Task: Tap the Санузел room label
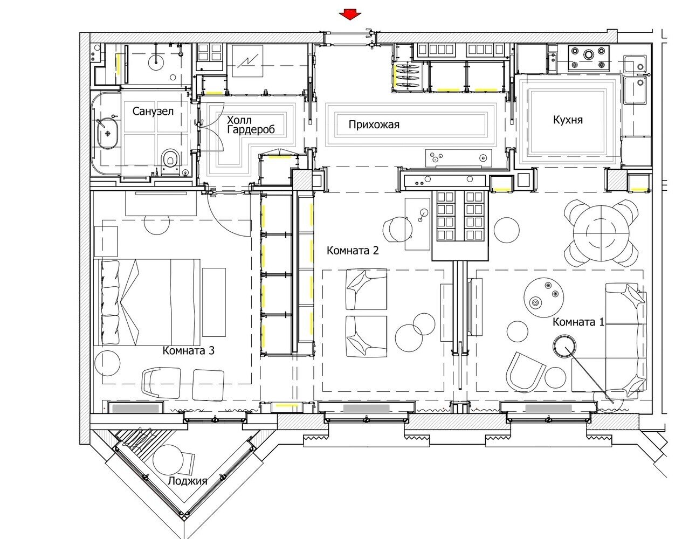[x=153, y=111]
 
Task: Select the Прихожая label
[x=374, y=124]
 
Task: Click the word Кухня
[x=568, y=120]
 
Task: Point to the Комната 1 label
[x=578, y=322]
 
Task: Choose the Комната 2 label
[x=353, y=251]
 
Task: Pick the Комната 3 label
[x=189, y=350]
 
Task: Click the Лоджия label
[x=188, y=481]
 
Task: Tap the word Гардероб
[x=251, y=129]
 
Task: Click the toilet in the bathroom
[x=170, y=161]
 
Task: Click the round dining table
[x=601, y=233]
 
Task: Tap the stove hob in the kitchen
[x=589, y=58]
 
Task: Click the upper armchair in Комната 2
[x=367, y=289]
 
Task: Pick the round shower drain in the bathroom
[x=173, y=77]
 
